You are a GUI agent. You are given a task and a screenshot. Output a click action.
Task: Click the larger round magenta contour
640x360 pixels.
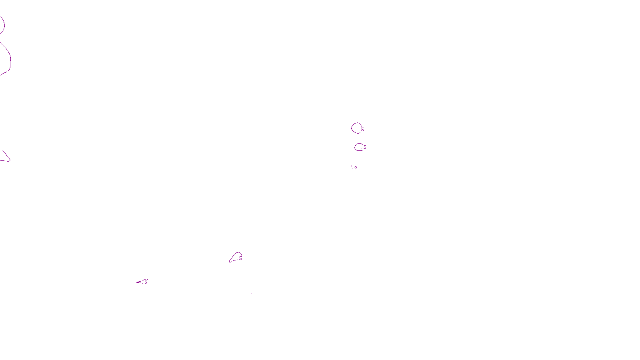(356, 128)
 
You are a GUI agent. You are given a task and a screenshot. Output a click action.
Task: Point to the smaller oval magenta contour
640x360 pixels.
(358, 147)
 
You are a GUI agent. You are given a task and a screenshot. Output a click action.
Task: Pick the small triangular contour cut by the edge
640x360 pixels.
(5, 157)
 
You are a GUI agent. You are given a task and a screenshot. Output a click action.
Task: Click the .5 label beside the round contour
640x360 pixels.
(362, 130)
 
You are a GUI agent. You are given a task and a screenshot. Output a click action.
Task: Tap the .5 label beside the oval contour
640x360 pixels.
(364, 147)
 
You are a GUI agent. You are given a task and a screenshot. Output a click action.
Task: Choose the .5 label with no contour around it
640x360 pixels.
(355, 167)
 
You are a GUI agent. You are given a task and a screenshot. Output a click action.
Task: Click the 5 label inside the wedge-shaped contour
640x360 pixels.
(240, 258)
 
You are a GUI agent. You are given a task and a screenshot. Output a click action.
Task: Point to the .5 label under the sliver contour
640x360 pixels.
(145, 282)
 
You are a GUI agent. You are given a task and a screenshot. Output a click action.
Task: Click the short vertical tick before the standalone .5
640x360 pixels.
(352, 166)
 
